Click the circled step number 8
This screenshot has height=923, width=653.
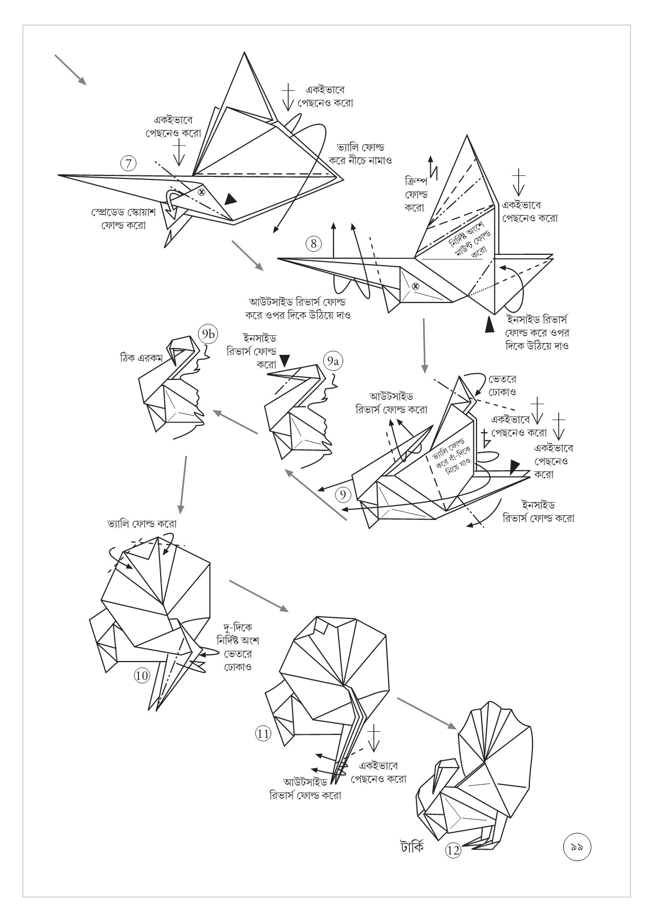pyautogui.click(x=313, y=243)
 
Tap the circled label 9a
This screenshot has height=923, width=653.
pyautogui.click(x=333, y=362)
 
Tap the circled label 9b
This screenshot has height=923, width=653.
pyautogui.click(x=208, y=335)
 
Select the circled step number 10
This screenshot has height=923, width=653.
pyautogui.click(x=142, y=675)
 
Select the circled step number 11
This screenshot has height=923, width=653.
pyautogui.click(x=263, y=734)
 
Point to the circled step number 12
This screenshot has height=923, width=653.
pyautogui.click(x=453, y=851)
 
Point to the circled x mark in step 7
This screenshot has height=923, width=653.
pyautogui.click(x=202, y=192)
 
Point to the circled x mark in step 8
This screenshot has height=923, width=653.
pyautogui.click(x=415, y=286)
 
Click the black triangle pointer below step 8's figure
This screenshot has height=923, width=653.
pyautogui.click(x=490, y=324)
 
